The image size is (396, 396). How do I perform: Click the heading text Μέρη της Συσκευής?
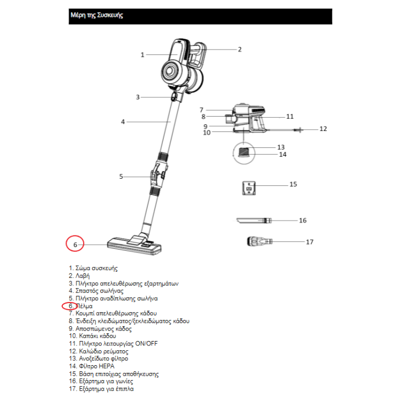[x=97, y=15]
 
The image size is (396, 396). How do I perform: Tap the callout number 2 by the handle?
[x=240, y=50]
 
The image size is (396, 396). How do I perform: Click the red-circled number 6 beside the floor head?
[x=75, y=245]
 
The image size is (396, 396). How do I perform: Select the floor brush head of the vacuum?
[x=134, y=245]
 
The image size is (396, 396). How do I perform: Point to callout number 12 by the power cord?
[x=323, y=129]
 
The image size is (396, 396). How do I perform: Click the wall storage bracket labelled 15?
[x=249, y=188]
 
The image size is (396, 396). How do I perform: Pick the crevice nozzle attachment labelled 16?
[x=254, y=221]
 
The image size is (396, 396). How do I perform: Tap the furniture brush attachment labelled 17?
[x=260, y=241]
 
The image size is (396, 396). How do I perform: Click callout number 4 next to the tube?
[x=123, y=122]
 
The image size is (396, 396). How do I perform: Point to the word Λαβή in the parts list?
[x=82, y=276]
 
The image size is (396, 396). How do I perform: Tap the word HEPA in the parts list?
[x=107, y=366]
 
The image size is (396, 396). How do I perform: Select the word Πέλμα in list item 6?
[x=84, y=306]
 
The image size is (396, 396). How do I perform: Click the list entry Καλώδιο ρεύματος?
[x=103, y=351]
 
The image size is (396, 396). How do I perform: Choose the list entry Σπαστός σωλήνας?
[x=100, y=291]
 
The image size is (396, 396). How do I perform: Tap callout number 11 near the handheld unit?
[x=290, y=117]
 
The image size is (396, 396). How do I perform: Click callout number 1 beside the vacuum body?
[x=142, y=55]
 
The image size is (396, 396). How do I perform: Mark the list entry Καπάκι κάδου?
[x=97, y=336]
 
